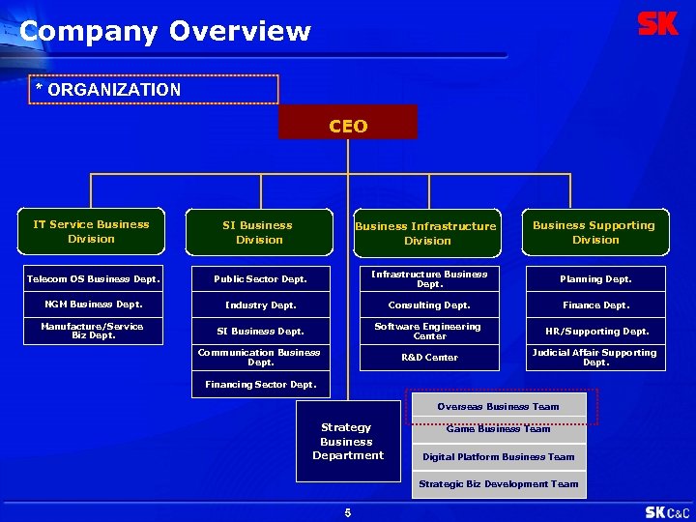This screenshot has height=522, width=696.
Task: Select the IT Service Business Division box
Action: tap(92, 232)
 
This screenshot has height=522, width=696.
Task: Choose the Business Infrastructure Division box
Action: tap(427, 233)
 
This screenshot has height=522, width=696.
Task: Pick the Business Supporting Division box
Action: tap(595, 233)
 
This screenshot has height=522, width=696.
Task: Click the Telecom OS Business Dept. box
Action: tap(93, 278)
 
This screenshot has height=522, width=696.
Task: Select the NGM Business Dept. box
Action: tap(93, 304)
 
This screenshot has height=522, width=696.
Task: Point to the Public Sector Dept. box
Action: tap(260, 278)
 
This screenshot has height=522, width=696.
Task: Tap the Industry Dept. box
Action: tap(260, 304)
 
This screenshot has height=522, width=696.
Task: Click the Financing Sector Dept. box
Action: tap(260, 385)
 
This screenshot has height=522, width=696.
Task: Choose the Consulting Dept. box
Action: tap(429, 304)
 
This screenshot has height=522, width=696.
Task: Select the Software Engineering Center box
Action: tap(429, 331)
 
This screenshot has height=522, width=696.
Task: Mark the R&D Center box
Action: tap(429, 358)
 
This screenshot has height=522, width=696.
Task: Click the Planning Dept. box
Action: tap(596, 278)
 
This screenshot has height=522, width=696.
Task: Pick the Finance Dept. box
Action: tap(596, 304)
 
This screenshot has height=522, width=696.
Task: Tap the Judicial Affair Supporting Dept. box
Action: tap(596, 358)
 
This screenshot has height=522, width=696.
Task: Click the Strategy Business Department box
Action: tap(348, 442)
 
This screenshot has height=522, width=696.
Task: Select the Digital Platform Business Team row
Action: tap(499, 457)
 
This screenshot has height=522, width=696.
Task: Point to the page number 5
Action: tap(348, 512)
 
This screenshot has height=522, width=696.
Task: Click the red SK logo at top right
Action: tap(658, 24)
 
